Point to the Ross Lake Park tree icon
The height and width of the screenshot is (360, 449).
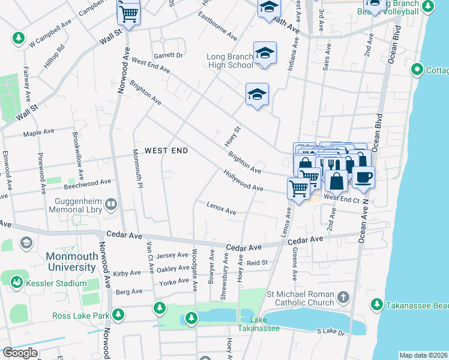(118, 314)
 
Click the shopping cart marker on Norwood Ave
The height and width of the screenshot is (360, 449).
(128, 13)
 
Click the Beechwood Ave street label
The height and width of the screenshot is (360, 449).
(89, 182)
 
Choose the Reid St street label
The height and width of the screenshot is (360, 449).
(256, 263)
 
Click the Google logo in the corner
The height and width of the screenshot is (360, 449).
(19, 353)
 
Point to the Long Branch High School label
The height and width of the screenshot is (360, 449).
(230, 61)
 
